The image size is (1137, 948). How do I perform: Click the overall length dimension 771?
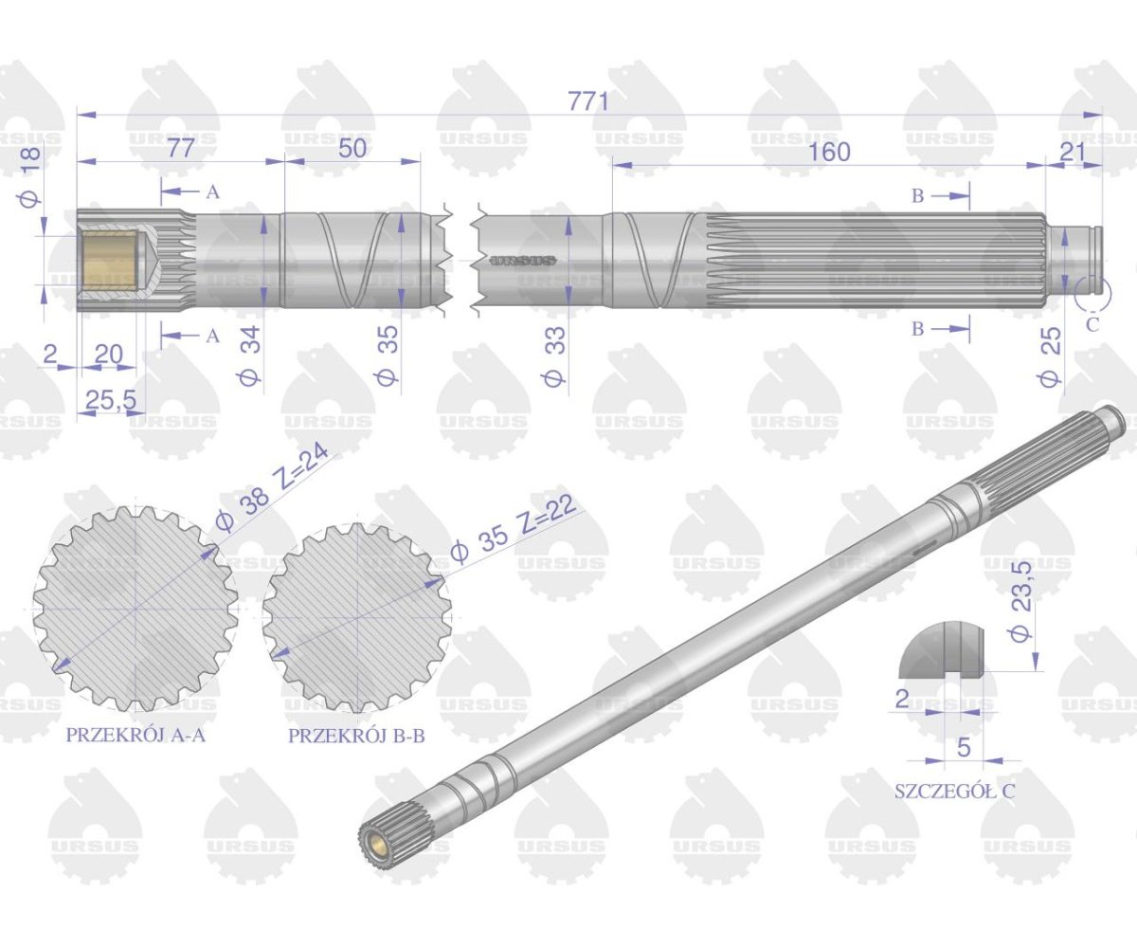tap(587, 101)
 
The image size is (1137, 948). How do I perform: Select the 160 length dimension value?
tap(829, 152)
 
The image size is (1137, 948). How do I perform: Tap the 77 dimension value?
tap(180, 148)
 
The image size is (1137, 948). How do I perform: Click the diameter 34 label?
tap(251, 355)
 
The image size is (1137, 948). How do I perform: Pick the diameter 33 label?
tap(555, 355)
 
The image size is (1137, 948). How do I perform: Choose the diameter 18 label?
tap(30, 177)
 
